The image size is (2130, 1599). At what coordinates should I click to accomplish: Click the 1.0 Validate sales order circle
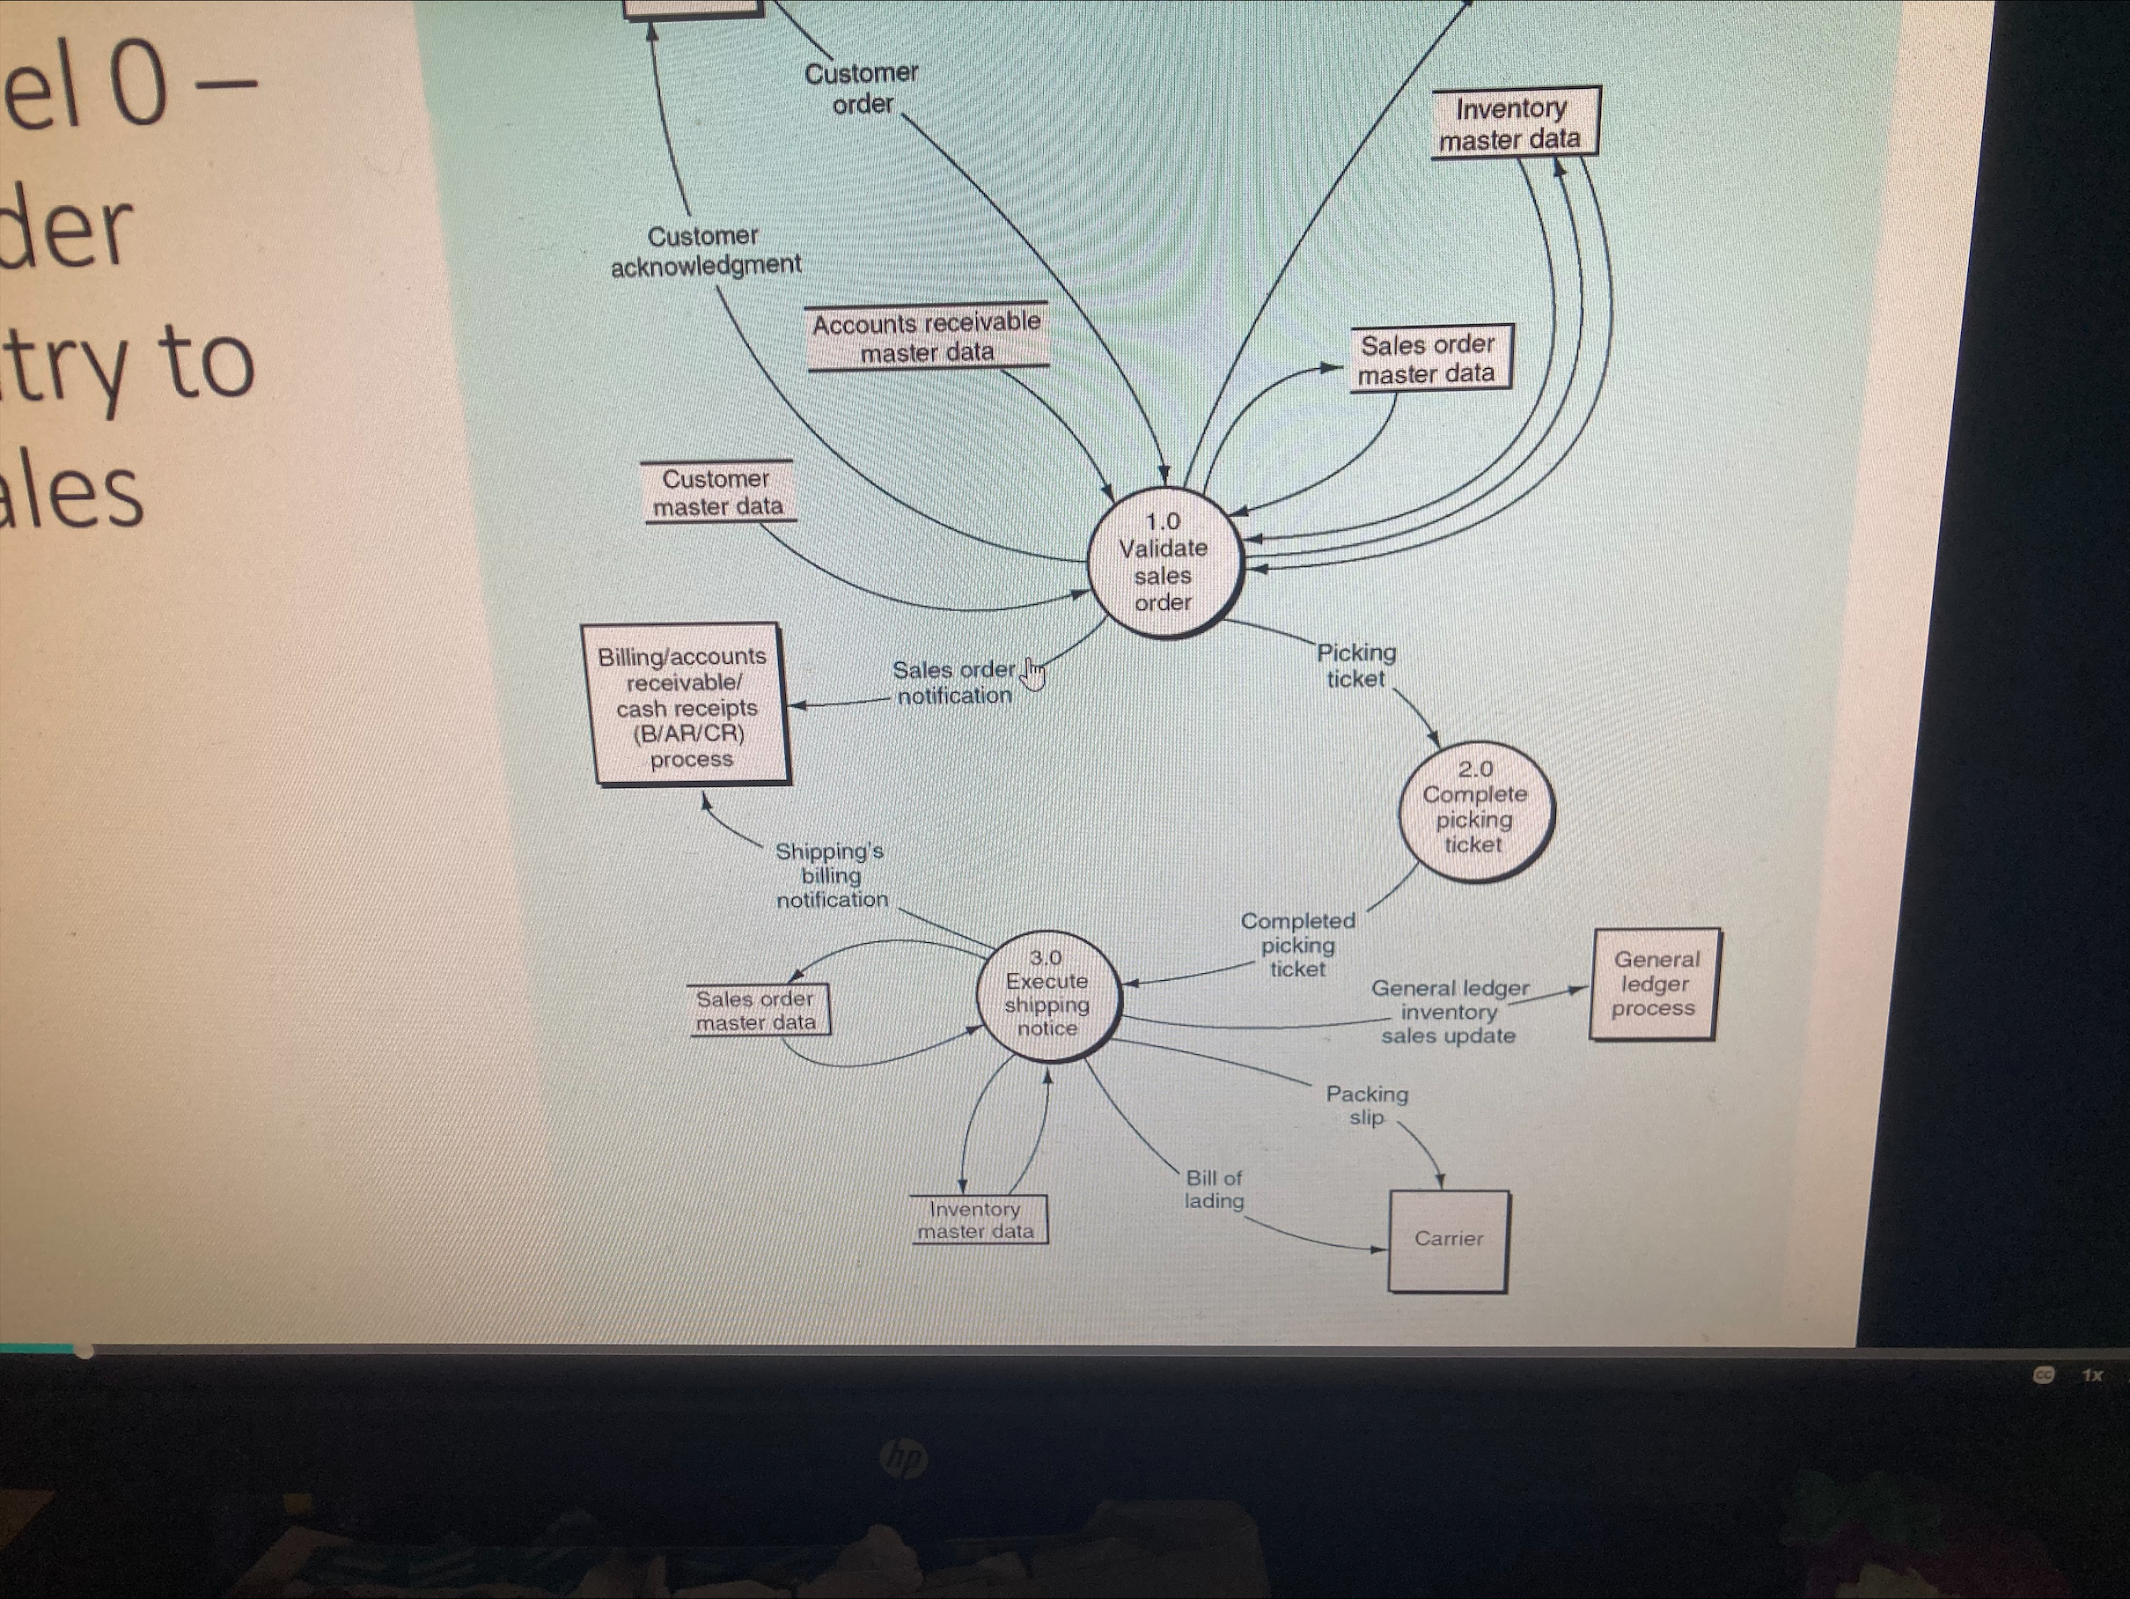[1164, 563]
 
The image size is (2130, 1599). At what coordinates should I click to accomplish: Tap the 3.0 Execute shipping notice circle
[1047, 994]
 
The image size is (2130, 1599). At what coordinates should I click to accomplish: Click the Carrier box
[1448, 1240]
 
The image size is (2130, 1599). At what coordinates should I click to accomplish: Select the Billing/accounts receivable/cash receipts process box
[687, 705]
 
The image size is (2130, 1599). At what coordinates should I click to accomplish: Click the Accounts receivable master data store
[926, 338]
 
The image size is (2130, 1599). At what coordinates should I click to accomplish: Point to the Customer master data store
[717, 492]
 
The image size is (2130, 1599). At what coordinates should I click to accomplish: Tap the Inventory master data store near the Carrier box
[976, 1220]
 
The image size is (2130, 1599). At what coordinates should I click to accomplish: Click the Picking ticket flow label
[1355, 666]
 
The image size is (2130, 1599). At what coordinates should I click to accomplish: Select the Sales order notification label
[953, 682]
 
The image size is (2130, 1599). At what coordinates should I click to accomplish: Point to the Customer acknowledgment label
[705, 250]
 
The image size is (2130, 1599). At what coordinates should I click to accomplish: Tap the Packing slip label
[1366, 1106]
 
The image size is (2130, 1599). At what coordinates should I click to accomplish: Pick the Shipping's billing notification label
[831, 875]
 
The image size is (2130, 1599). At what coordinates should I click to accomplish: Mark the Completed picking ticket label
[1297, 945]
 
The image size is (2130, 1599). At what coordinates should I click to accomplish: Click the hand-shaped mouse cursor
[1033, 674]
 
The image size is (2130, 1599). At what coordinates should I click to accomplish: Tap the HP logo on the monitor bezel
[903, 1458]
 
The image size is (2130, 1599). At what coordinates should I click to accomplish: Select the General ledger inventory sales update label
[1450, 1012]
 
